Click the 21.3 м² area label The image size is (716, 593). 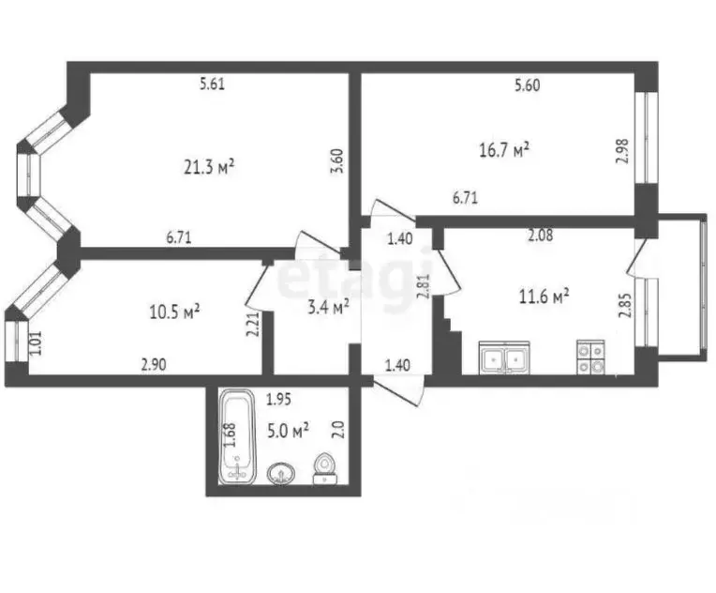(209, 167)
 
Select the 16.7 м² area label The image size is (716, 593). (504, 149)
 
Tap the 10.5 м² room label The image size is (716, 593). (175, 312)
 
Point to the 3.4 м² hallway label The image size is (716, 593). (329, 307)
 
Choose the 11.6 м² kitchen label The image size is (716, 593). (544, 296)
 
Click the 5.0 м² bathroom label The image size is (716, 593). (288, 431)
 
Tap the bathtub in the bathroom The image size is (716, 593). (236, 435)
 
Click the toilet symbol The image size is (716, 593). (324, 468)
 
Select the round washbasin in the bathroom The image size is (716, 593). (281, 473)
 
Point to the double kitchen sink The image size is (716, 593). (504, 357)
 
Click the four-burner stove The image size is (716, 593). (590, 357)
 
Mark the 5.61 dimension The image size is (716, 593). (213, 84)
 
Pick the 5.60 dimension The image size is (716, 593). (528, 85)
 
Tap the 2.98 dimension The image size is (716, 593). (624, 151)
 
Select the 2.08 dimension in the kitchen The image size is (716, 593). (540, 235)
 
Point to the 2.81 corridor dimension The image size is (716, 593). (424, 287)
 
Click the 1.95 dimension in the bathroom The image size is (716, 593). (278, 400)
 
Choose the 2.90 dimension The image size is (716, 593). (154, 365)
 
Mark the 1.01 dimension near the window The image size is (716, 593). (36, 342)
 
